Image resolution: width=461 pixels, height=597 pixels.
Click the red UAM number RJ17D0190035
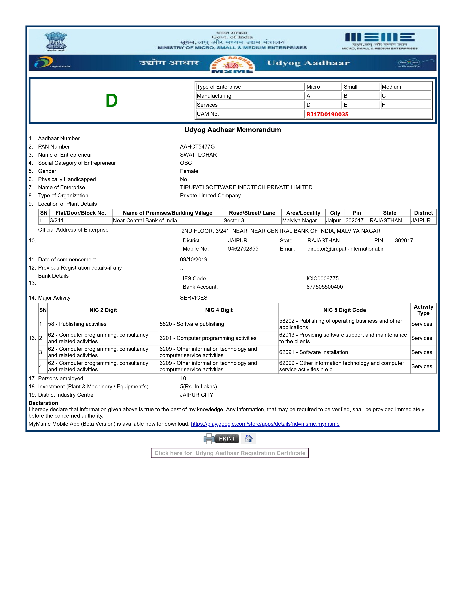pos(327,115)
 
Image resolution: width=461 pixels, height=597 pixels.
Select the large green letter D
pos(112,101)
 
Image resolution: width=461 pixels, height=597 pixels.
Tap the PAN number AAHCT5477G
pos(197,147)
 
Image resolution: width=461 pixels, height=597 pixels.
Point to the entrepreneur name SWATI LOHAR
pos(198,155)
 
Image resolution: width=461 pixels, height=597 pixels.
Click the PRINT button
pos(227,439)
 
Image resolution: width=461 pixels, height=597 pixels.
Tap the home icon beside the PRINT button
pos(249,439)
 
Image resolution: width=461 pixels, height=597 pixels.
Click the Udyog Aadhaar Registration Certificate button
pos(230,453)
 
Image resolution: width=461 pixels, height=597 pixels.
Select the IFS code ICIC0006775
pos(322,279)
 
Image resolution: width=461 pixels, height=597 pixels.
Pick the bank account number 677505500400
pos(325,287)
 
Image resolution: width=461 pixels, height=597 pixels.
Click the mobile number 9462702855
pos(243,249)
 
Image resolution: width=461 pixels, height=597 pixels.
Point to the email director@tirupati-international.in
pos(346,249)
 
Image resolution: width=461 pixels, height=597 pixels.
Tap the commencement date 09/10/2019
pos(193,259)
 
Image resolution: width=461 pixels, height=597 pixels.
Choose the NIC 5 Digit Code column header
pos(344,310)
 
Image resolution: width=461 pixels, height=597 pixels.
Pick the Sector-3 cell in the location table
pos(234,221)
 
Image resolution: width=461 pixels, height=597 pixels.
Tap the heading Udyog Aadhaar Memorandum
pos(232,130)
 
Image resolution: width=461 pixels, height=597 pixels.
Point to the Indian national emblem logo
pos(56,41)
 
